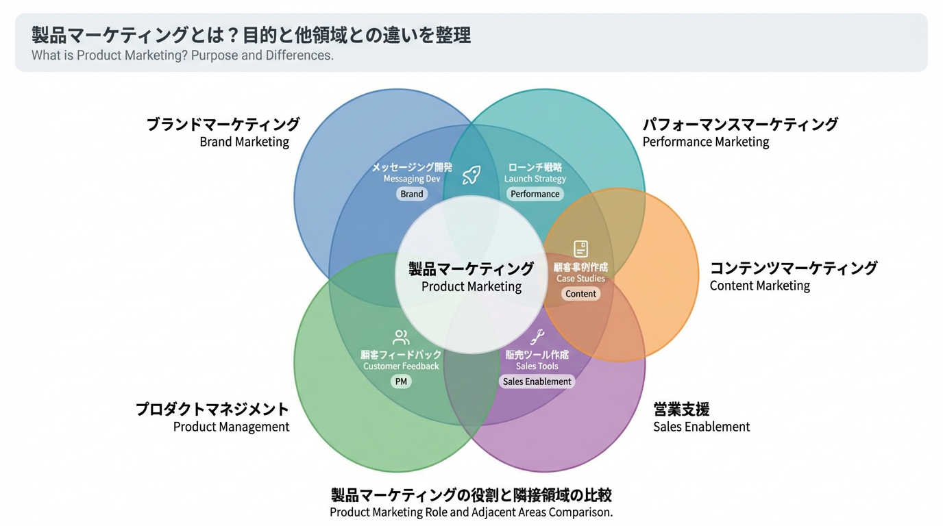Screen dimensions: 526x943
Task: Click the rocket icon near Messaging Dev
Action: pyautogui.click(x=472, y=175)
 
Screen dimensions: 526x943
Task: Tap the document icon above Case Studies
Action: pyautogui.click(x=580, y=249)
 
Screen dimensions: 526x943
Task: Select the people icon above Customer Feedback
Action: pyautogui.click(x=401, y=337)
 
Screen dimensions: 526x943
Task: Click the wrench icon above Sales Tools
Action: pyautogui.click(x=537, y=337)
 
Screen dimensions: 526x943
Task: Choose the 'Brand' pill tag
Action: pyautogui.click(x=412, y=194)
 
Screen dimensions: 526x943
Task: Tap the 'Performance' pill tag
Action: pyautogui.click(x=535, y=194)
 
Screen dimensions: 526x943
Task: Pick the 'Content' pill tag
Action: pyautogui.click(x=580, y=294)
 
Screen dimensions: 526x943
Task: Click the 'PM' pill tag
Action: pyautogui.click(x=401, y=381)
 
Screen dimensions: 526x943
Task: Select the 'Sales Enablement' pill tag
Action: pyautogui.click(x=537, y=381)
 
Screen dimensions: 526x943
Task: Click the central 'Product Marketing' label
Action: pyautogui.click(x=472, y=286)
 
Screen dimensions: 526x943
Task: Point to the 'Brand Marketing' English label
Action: pyautogui.click(x=245, y=142)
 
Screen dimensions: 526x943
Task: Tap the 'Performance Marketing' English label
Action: pyautogui.click(x=706, y=142)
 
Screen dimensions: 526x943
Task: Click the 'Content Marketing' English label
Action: pyautogui.click(x=759, y=286)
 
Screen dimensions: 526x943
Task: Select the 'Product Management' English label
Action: pyautogui.click(x=231, y=427)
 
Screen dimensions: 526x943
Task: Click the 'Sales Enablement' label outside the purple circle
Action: pyautogui.click(x=701, y=427)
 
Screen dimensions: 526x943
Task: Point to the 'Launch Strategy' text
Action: pyautogui.click(x=535, y=179)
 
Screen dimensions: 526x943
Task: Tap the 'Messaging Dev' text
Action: pyautogui.click(x=412, y=179)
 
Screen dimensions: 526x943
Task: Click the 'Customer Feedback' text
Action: pyautogui.click(x=401, y=366)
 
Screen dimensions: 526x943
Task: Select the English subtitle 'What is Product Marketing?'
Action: pyautogui.click(x=182, y=55)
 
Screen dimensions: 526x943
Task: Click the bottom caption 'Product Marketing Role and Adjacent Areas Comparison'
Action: pyautogui.click(x=472, y=512)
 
